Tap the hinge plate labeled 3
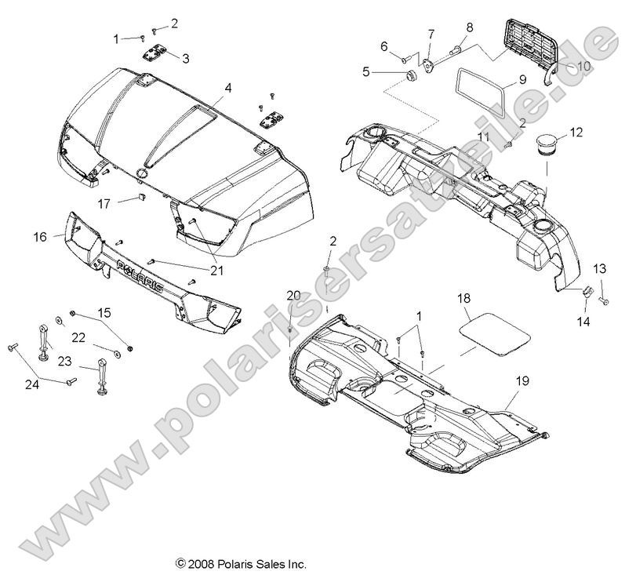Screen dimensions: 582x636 (x=154, y=53)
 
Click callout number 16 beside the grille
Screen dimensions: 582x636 (x=42, y=235)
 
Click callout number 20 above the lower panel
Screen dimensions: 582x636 (x=293, y=295)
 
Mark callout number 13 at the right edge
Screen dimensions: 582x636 (x=600, y=269)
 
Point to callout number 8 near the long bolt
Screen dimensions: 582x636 (x=470, y=27)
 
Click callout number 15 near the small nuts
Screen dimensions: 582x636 (x=125, y=313)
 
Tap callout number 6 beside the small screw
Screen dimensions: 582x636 (x=385, y=46)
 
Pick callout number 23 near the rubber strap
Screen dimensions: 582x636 (x=66, y=362)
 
